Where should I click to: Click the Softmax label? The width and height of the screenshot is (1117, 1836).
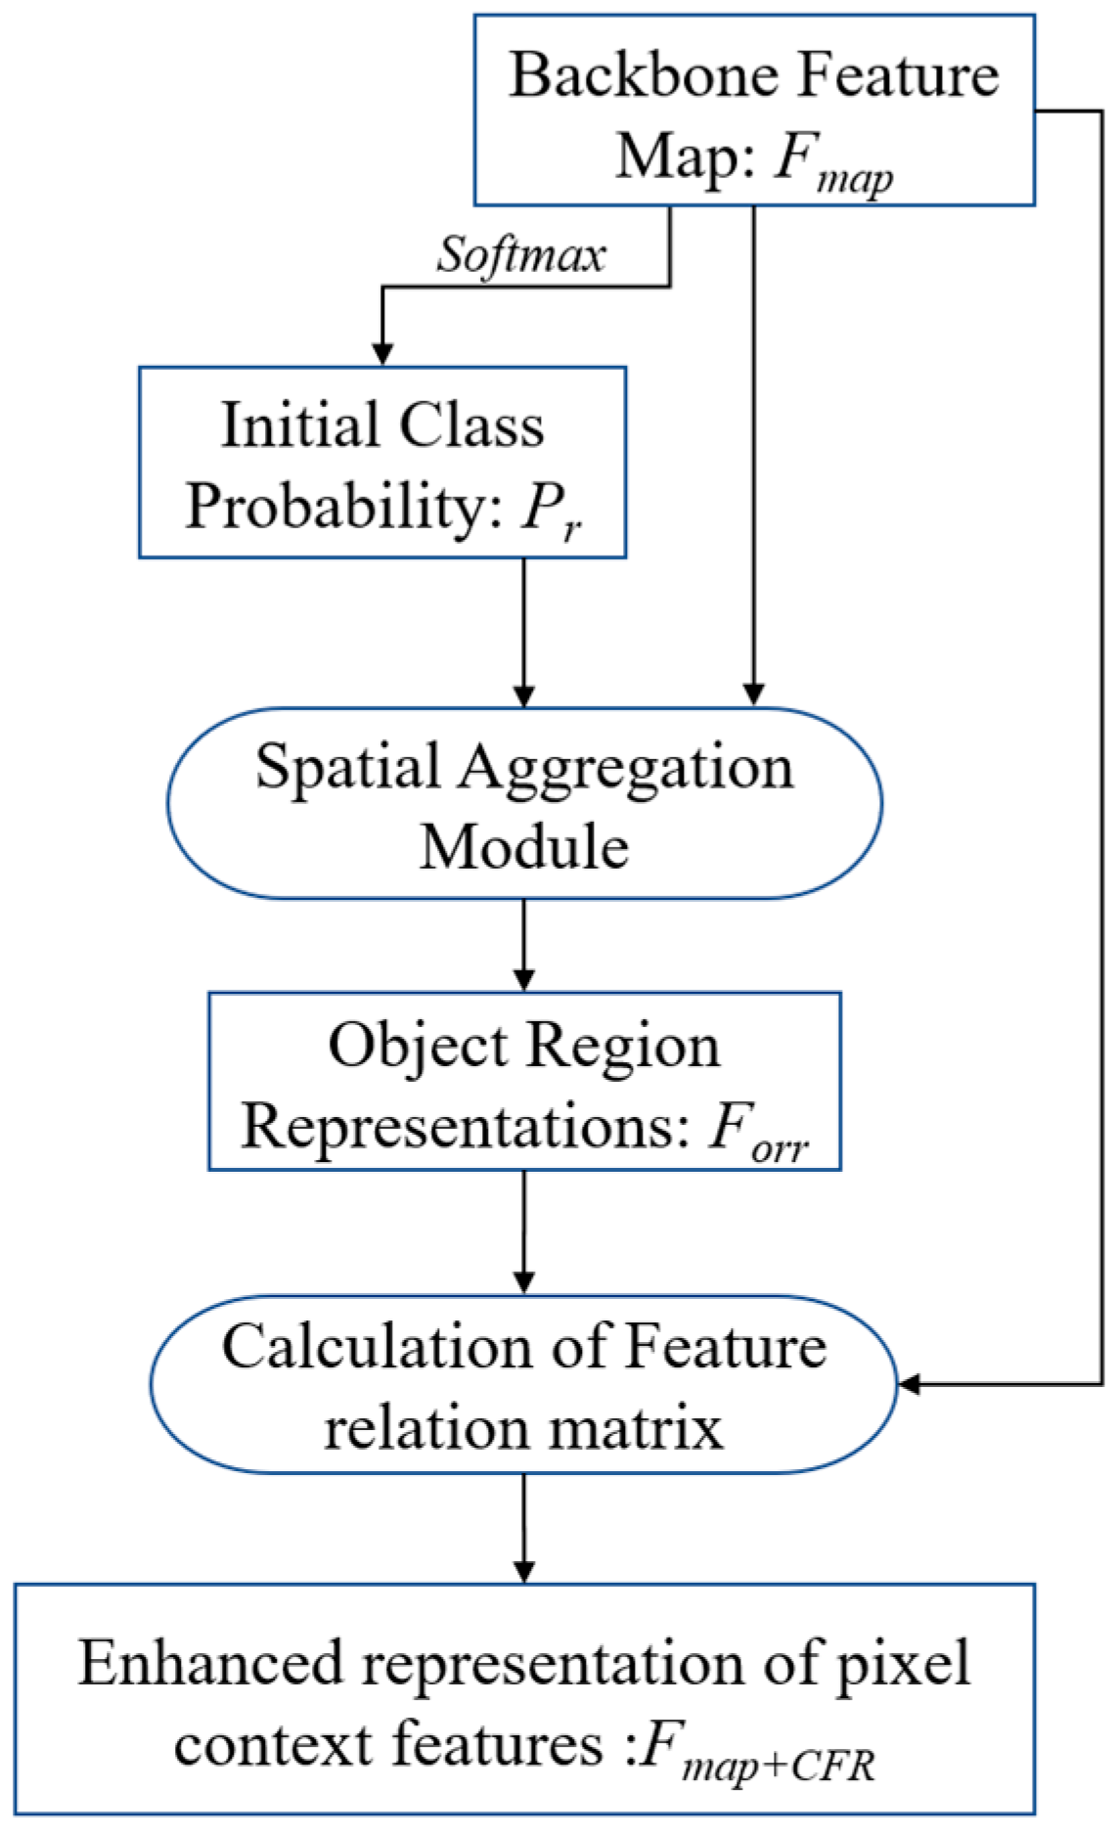(x=520, y=256)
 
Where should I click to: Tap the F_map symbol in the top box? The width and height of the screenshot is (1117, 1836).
(x=831, y=159)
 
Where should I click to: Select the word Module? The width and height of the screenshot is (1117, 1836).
(x=524, y=846)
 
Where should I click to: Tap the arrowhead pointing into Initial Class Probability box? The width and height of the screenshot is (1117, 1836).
(x=382, y=353)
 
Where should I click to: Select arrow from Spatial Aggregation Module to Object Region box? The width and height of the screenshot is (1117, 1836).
(x=524, y=944)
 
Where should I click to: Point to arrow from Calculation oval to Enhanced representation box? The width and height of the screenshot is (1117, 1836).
(x=524, y=1526)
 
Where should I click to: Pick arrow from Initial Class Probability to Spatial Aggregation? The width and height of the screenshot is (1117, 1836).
(x=524, y=631)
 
